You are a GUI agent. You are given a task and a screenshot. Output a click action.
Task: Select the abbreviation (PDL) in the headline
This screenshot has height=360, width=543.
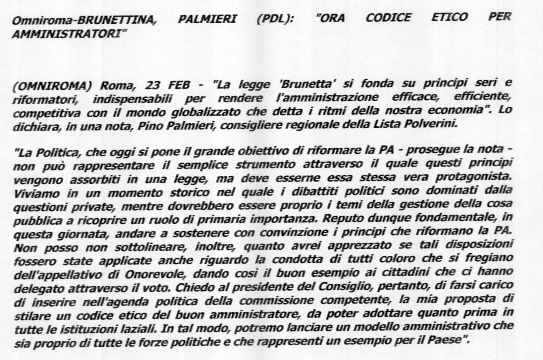(x=274, y=19)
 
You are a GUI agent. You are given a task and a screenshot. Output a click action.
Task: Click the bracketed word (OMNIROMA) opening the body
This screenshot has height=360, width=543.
(x=51, y=87)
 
